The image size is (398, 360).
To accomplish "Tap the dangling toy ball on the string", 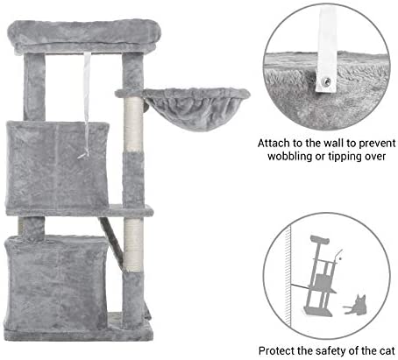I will [85, 155].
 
